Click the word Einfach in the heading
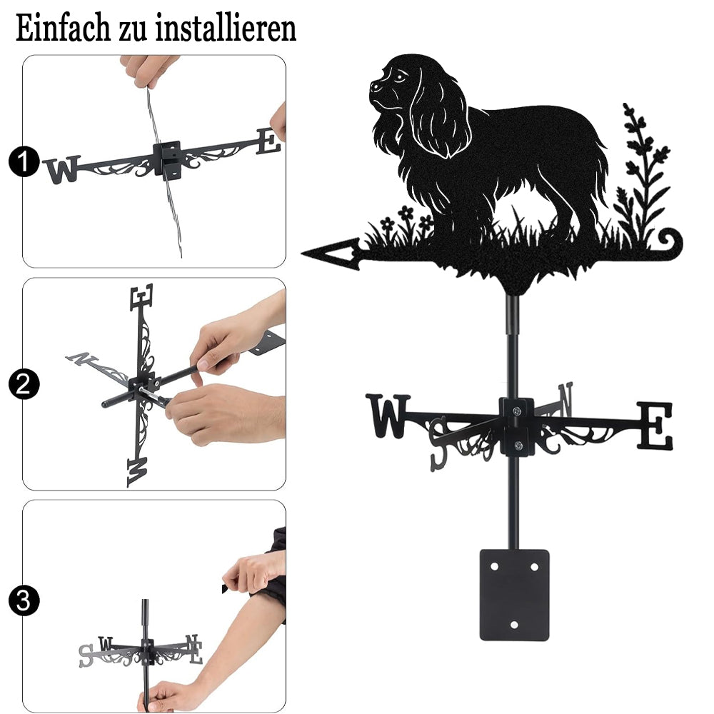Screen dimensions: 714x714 tap(62, 28)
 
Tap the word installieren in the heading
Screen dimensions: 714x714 tap(226, 28)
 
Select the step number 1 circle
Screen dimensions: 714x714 tap(24, 161)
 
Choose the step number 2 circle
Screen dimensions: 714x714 tap(24, 384)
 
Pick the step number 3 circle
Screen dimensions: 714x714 tap(24, 601)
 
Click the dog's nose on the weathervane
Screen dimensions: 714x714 tap(374, 85)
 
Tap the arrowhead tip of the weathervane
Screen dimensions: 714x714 tap(302, 252)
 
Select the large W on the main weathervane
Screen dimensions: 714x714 tap(388, 416)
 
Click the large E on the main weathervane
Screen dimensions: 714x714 tap(654, 426)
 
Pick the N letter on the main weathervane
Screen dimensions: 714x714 tap(565, 399)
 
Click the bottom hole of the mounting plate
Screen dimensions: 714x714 tap(514, 625)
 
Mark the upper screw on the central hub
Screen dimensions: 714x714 tap(516, 411)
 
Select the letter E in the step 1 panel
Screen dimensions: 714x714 tap(268, 141)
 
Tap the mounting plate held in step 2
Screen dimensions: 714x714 tap(267, 343)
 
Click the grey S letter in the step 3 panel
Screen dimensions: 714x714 tap(86, 655)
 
